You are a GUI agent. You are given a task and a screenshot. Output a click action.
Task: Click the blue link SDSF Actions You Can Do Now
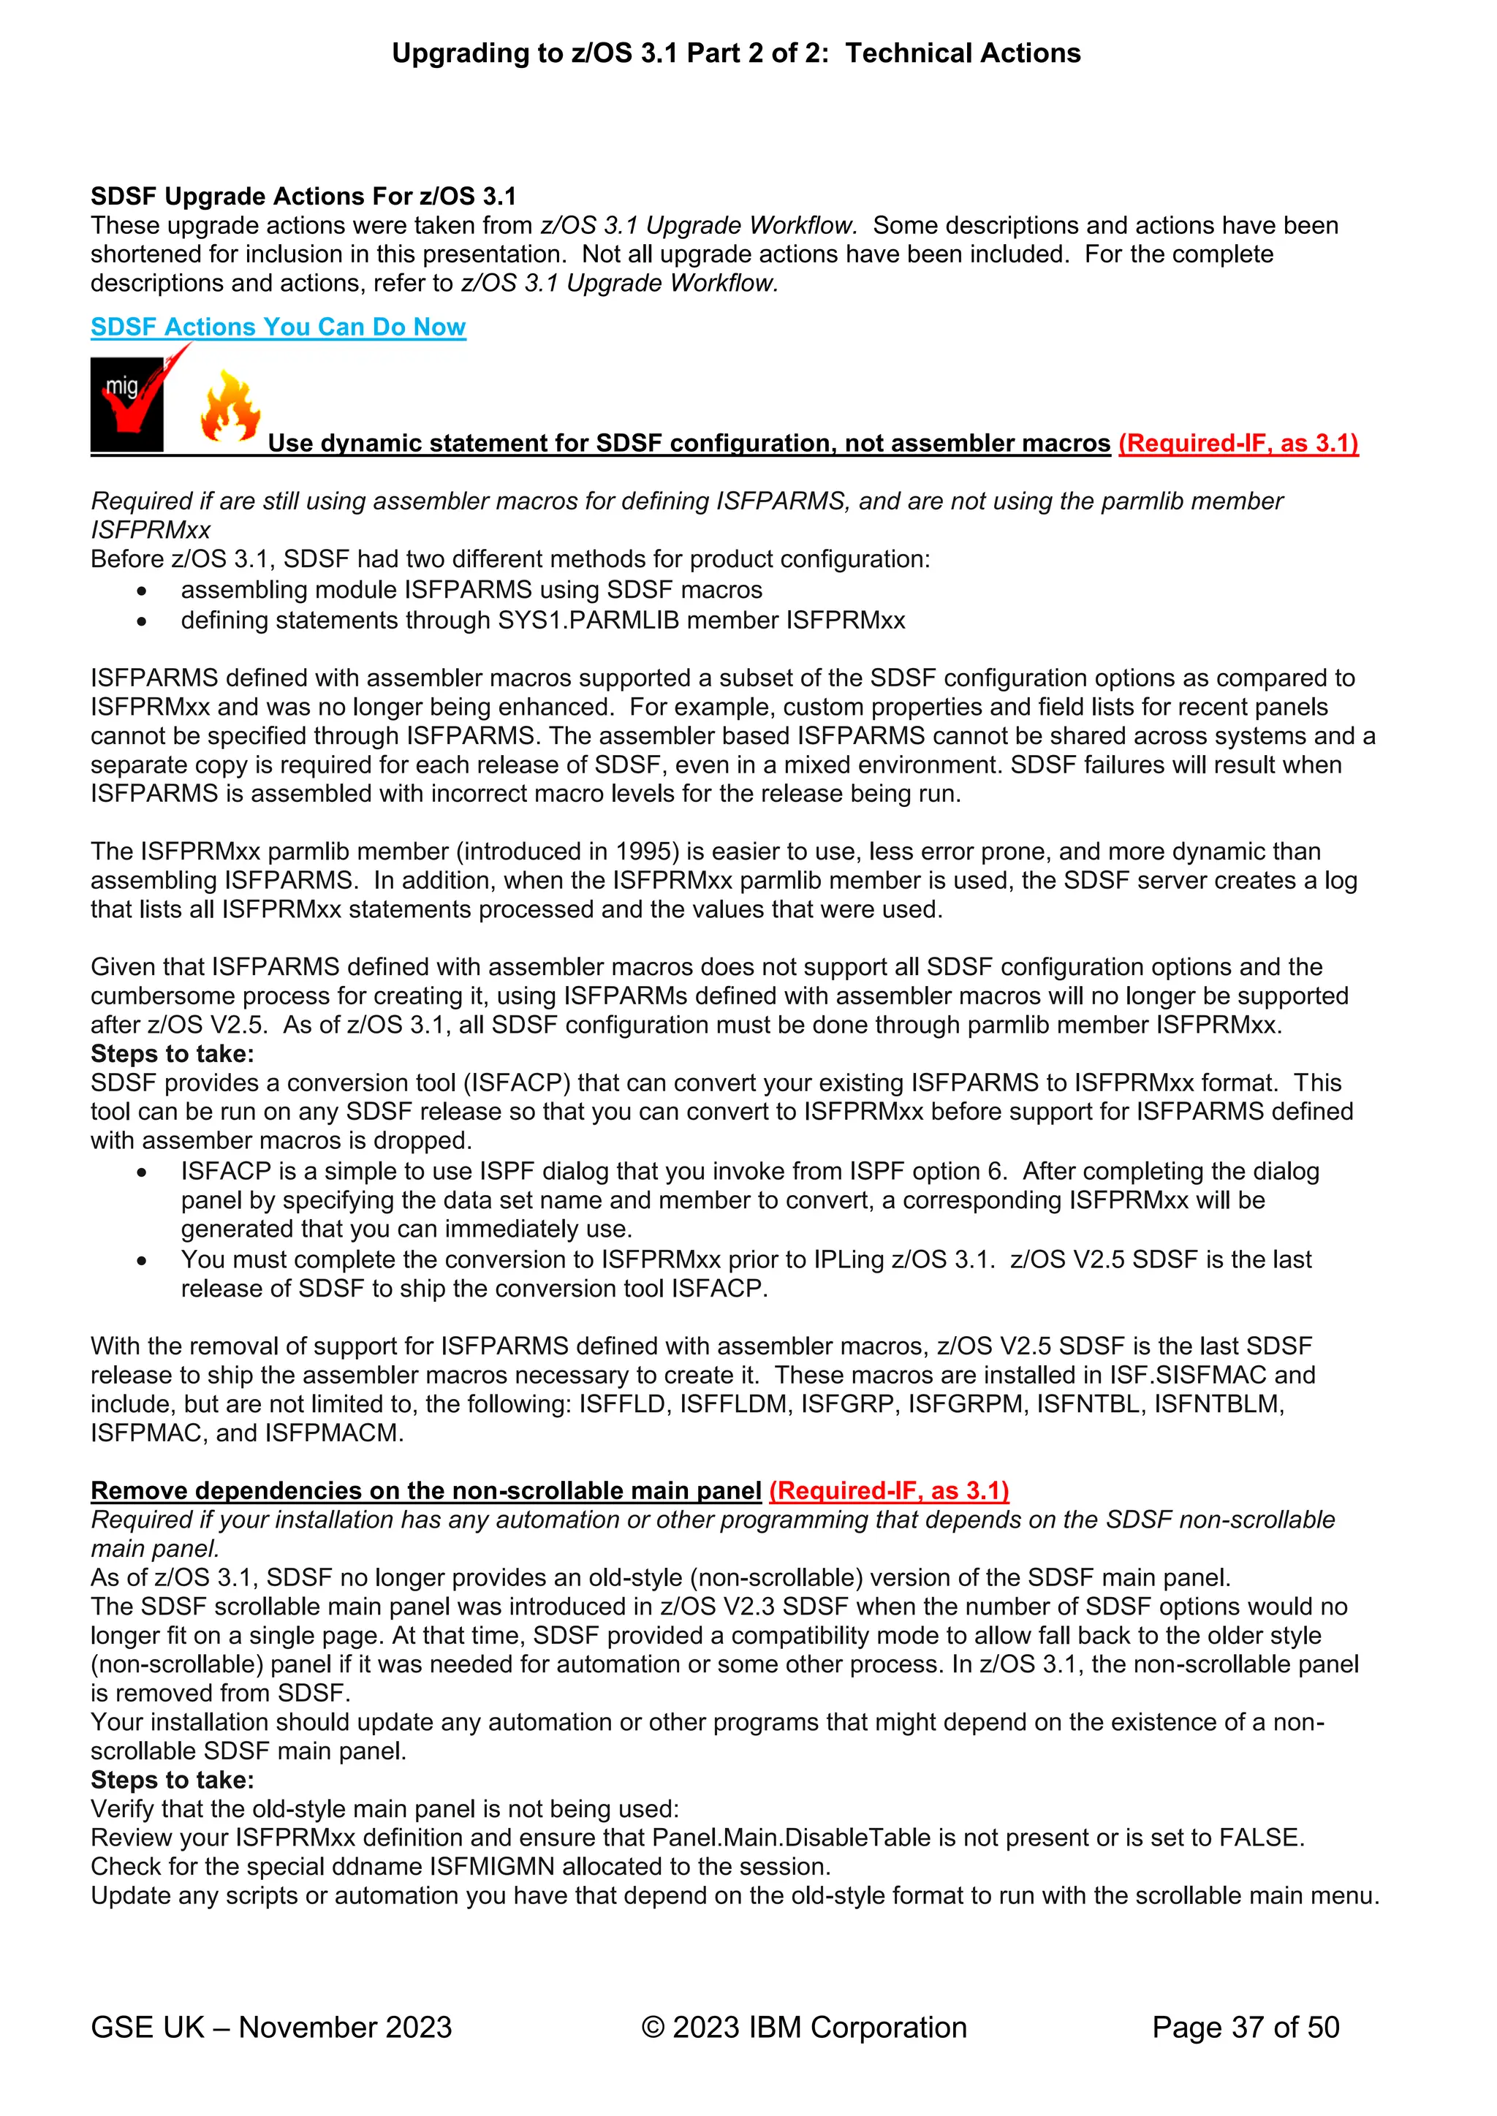pos(278,327)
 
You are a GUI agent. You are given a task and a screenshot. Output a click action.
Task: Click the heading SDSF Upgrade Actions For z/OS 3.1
pos(303,197)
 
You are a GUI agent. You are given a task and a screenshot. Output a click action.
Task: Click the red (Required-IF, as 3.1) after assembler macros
pos(1238,443)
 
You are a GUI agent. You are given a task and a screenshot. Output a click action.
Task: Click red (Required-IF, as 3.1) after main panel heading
pos(889,1491)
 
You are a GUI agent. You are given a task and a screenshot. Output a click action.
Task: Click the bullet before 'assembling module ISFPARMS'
pos(141,591)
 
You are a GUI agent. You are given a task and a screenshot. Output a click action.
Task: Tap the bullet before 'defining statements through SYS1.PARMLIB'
pos(141,621)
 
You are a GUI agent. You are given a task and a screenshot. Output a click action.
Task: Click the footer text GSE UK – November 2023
pos(271,2028)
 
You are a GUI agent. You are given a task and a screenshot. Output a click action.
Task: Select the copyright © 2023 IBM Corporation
pos(804,2028)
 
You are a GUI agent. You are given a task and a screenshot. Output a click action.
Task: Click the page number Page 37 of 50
pos(1246,2028)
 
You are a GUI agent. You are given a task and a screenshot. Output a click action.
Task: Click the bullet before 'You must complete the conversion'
pos(141,1261)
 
